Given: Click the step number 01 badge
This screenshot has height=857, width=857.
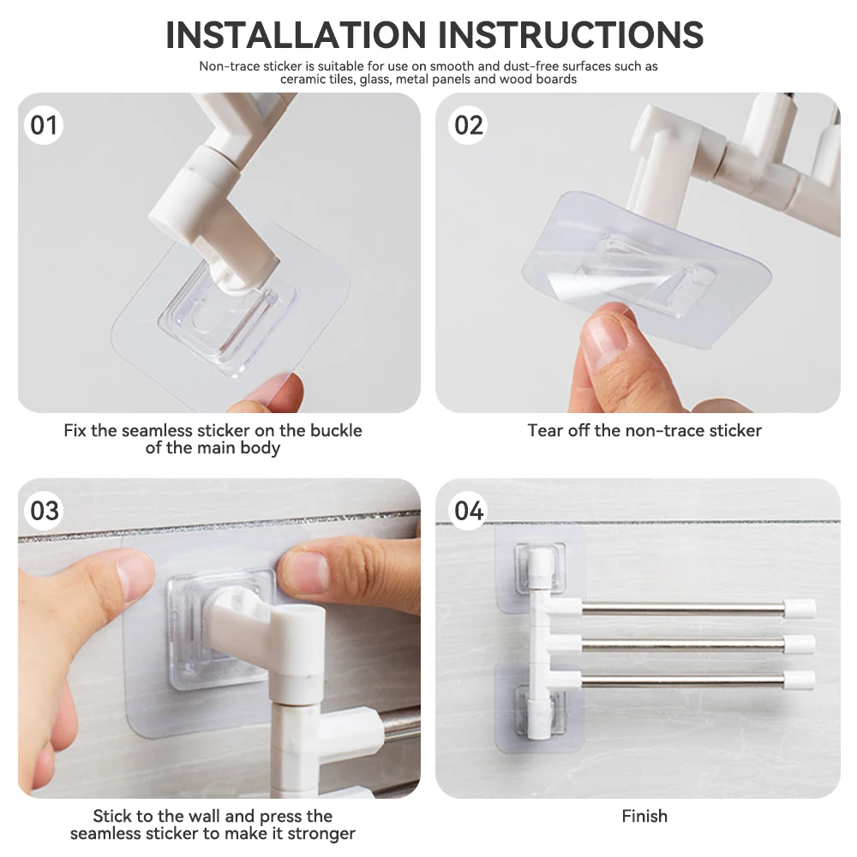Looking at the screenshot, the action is point(44,125).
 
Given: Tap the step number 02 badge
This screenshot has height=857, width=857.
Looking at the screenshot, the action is point(469,125).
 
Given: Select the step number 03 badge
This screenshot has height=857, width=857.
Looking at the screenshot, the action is point(44,511).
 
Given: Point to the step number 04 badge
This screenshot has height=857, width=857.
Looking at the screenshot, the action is point(469,511).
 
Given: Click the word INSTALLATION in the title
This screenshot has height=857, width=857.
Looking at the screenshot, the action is point(296,35).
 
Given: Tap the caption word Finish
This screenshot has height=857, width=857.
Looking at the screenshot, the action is point(644,816).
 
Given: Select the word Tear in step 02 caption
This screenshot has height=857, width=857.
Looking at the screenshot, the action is point(544,430).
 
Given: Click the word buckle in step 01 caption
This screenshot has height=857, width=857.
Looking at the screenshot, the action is point(336,430).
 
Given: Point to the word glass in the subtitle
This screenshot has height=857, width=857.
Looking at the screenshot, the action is point(375,80).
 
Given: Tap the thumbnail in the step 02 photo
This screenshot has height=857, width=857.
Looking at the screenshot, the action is point(607,332).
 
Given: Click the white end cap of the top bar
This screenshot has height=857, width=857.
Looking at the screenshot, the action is point(799,608).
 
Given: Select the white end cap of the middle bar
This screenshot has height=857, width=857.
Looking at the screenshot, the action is point(799,644).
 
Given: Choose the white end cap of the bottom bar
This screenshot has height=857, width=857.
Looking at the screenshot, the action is point(799,680).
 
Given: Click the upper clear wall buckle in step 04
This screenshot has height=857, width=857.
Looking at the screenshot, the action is point(539,568).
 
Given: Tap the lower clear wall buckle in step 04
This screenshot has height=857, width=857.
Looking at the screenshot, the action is point(539,710).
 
